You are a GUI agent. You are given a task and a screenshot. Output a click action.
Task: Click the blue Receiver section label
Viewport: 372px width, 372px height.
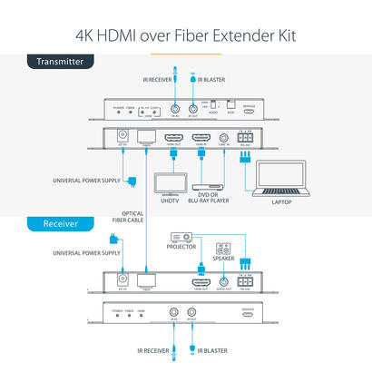(x=44, y=222)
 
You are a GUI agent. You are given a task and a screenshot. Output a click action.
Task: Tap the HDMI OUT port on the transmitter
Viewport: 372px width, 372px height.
(x=173, y=140)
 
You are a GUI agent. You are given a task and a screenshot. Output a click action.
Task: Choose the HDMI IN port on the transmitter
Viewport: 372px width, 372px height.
(x=201, y=140)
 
